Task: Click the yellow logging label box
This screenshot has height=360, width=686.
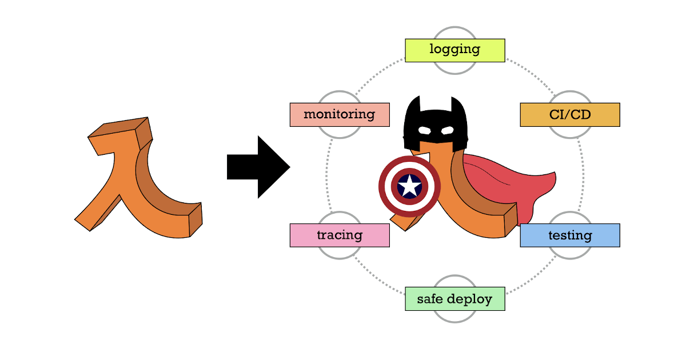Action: tap(454, 50)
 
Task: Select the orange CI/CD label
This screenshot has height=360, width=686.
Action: tap(569, 115)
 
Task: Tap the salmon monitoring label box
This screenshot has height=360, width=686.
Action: tap(340, 114)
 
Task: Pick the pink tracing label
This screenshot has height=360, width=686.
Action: tap(340, 235)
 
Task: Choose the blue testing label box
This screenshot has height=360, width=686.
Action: tap(569, 235)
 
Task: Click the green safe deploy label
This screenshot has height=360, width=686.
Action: tap(454, 299)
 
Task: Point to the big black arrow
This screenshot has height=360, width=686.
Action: tap(257, 167)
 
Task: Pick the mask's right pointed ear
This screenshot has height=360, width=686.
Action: tap(458, 105)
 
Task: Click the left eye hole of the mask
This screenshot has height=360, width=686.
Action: tap(424, 130)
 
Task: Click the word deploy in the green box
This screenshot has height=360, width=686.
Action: tap(470, 299)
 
